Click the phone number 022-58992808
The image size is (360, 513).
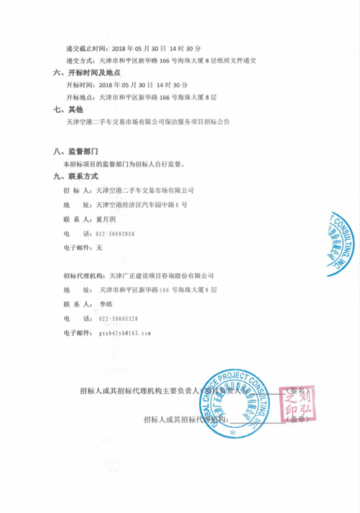click(115, 233)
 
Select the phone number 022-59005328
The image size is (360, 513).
click(118, 318)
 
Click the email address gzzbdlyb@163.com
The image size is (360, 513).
click(125, 332)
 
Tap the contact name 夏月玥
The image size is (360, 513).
click(98, 219)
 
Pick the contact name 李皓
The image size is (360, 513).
click(106, 304)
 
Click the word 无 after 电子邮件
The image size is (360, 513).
click(99, 247)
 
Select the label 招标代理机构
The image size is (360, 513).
click(83, 275)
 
